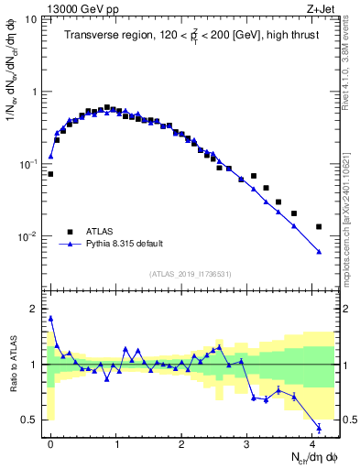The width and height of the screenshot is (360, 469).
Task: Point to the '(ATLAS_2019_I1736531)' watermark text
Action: click(x=191, y=273)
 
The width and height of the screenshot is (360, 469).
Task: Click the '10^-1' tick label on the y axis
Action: click(x=30, y=164)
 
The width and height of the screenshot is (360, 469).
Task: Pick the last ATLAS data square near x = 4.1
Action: click(x=319, y=226)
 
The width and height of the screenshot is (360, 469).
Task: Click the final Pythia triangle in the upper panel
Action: click(x=319, y=252)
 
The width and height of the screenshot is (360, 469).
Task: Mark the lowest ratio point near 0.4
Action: click(x=319, y=428)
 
